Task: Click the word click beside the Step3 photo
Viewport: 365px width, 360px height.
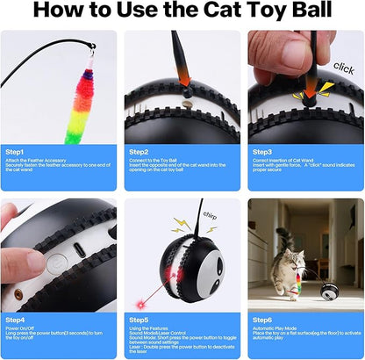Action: click(345, 67)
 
